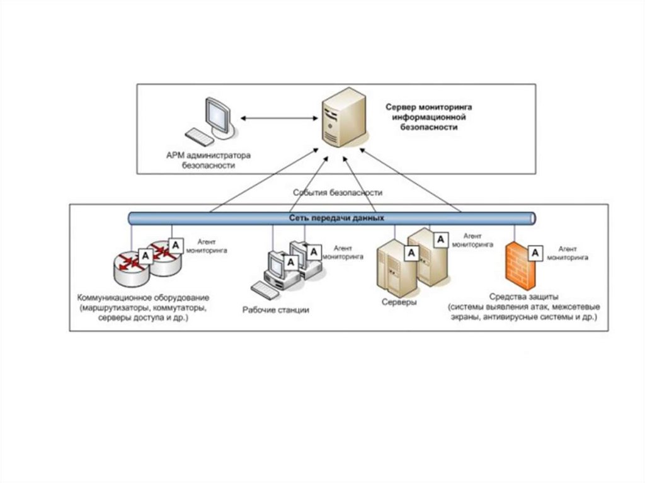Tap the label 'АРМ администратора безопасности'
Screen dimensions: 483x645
coord(208,160)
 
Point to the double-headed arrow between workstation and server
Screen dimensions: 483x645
coord(278,118)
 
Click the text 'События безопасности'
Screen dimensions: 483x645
coord(338,193)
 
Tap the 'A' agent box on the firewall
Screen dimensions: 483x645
coord(535,253)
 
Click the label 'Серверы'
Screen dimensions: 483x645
coord(399,302)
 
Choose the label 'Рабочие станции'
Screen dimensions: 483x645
coord(276,310)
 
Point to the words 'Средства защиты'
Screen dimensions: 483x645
coord(523,297)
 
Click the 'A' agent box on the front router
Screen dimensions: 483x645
coord(145,256)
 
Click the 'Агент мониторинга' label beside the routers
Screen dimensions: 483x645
coord(207,246)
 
